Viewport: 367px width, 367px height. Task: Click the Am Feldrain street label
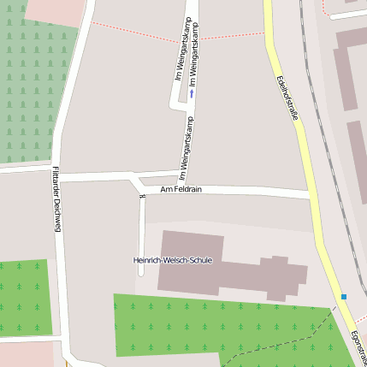[x=181, y=189]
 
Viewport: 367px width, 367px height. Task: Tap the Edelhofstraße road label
[x=288, y=98]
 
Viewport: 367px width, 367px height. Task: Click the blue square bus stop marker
[x=344, y=297]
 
